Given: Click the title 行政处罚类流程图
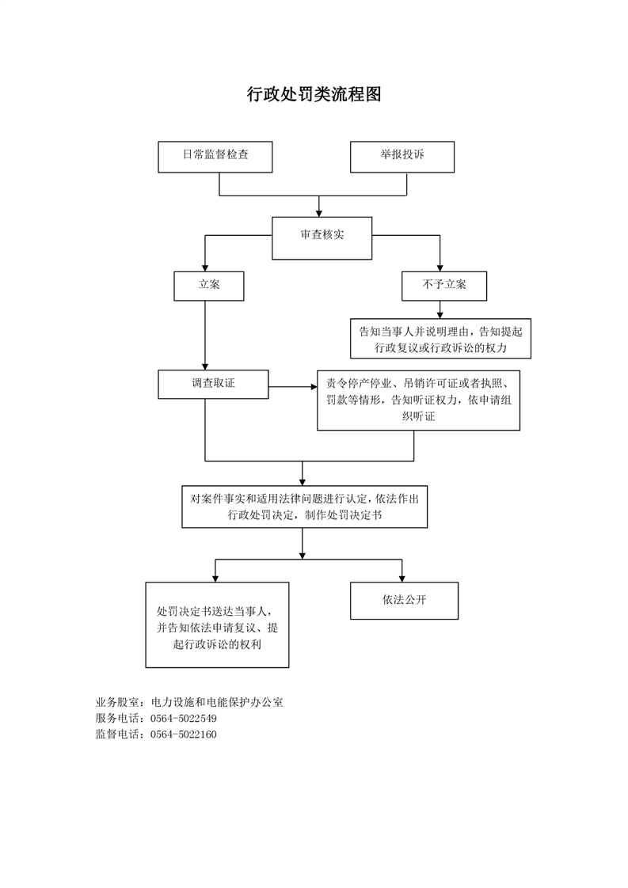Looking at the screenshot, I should [314, 96].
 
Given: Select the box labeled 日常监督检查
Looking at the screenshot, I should [215, 156].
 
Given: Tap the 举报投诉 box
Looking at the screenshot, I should [402, 156].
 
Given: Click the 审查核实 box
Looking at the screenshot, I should [322, 237].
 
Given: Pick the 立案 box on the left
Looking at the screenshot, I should [208, 286].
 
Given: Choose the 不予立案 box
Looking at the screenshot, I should [443, 286].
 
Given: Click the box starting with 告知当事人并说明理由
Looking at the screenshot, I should [440, 339].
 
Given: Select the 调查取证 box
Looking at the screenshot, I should [213, 384].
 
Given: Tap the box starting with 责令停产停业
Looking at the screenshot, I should [418, 400].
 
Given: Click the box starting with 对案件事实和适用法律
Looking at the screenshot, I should [304, 507].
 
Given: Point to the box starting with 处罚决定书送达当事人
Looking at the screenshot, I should [217, 625].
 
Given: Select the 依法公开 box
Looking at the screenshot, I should [404, 601].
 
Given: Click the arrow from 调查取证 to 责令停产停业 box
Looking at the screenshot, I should [293, 387].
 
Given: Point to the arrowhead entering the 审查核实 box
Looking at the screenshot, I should [318, 212].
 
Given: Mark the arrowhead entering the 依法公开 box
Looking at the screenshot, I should [402, 578].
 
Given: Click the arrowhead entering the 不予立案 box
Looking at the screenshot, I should [440, 268].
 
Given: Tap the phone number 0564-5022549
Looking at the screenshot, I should [183, 719].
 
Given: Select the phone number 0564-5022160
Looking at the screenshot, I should [183, 734].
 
